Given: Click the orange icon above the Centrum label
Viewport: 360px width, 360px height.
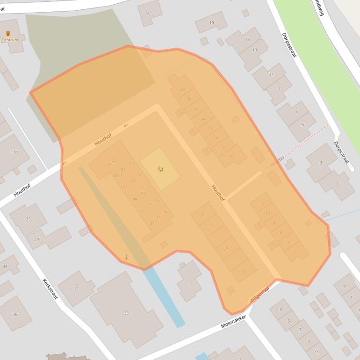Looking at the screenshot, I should pos(8,33).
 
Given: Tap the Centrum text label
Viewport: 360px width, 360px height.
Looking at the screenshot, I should pos(10,40).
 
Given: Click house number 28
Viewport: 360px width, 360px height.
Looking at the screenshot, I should pos(182,89).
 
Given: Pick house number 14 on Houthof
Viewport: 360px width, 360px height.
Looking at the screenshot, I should pos(230,157).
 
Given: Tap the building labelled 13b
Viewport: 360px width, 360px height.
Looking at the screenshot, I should pos(14,152).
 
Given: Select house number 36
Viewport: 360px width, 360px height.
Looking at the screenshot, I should pos(14,314).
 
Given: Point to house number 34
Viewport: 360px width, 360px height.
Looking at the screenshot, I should pos(5,266).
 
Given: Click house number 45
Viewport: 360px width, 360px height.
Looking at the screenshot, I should pos(109,165).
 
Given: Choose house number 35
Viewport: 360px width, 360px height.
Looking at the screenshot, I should pos(152,223).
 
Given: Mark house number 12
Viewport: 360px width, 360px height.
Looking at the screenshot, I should pos(261,203).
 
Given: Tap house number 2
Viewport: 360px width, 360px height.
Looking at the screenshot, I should pos(295,252).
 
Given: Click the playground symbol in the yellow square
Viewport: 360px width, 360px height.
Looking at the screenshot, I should pos(160,169).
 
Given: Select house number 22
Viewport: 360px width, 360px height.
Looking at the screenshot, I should pos(203,118).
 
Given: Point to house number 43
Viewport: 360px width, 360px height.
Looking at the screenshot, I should pos(116,176).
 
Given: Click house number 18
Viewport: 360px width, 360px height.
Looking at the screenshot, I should pos(216,138).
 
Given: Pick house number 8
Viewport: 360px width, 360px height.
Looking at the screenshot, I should pos(274,223).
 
